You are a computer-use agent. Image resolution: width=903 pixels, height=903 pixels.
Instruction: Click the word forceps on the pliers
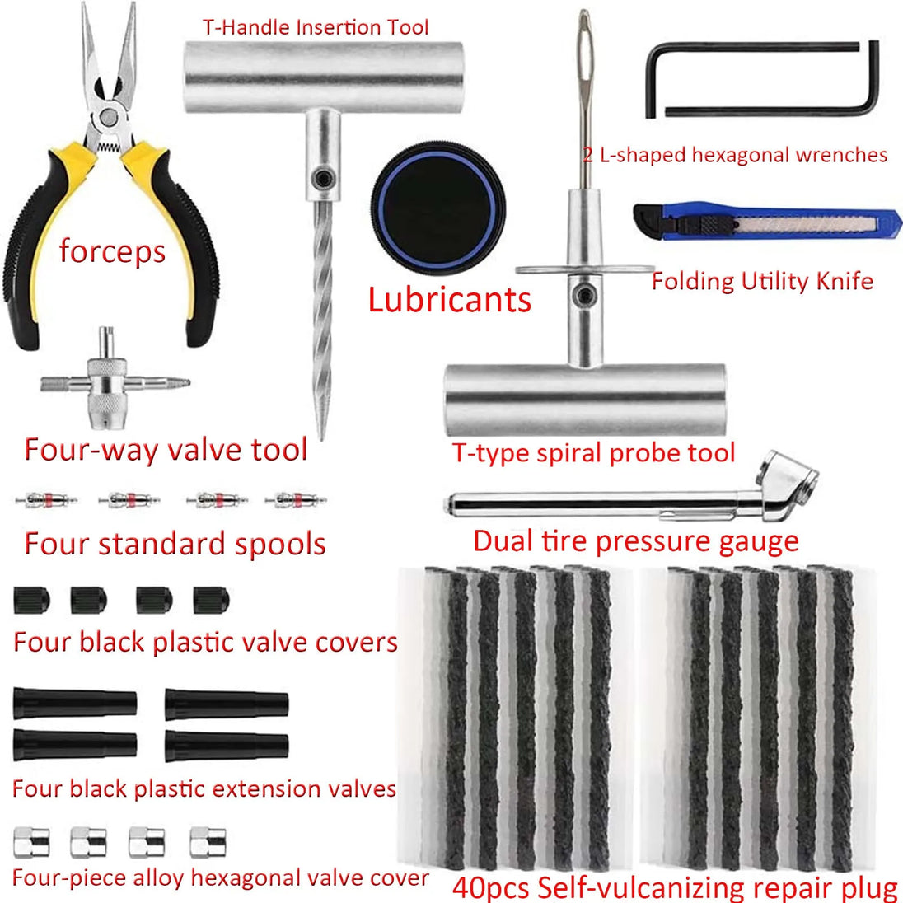click(112, 251)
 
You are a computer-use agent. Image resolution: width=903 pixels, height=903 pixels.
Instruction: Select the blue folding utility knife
click(766, 222)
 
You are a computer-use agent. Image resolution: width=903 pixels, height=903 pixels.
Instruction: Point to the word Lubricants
click(449, 299)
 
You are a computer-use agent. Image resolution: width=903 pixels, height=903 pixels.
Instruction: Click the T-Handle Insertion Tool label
click(316, 27)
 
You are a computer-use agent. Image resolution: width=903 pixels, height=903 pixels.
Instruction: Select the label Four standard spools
click(175, 545)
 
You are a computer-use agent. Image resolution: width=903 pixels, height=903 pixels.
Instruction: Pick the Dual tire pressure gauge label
click(635, 541)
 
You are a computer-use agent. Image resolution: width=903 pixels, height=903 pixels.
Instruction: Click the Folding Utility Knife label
click(762, 281)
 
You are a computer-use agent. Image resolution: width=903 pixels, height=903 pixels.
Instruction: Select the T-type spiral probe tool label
click(593, 453)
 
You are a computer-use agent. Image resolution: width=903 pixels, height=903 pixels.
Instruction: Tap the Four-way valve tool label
click(166, 450)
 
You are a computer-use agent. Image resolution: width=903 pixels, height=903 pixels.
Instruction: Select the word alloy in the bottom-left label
click(164, 878)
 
